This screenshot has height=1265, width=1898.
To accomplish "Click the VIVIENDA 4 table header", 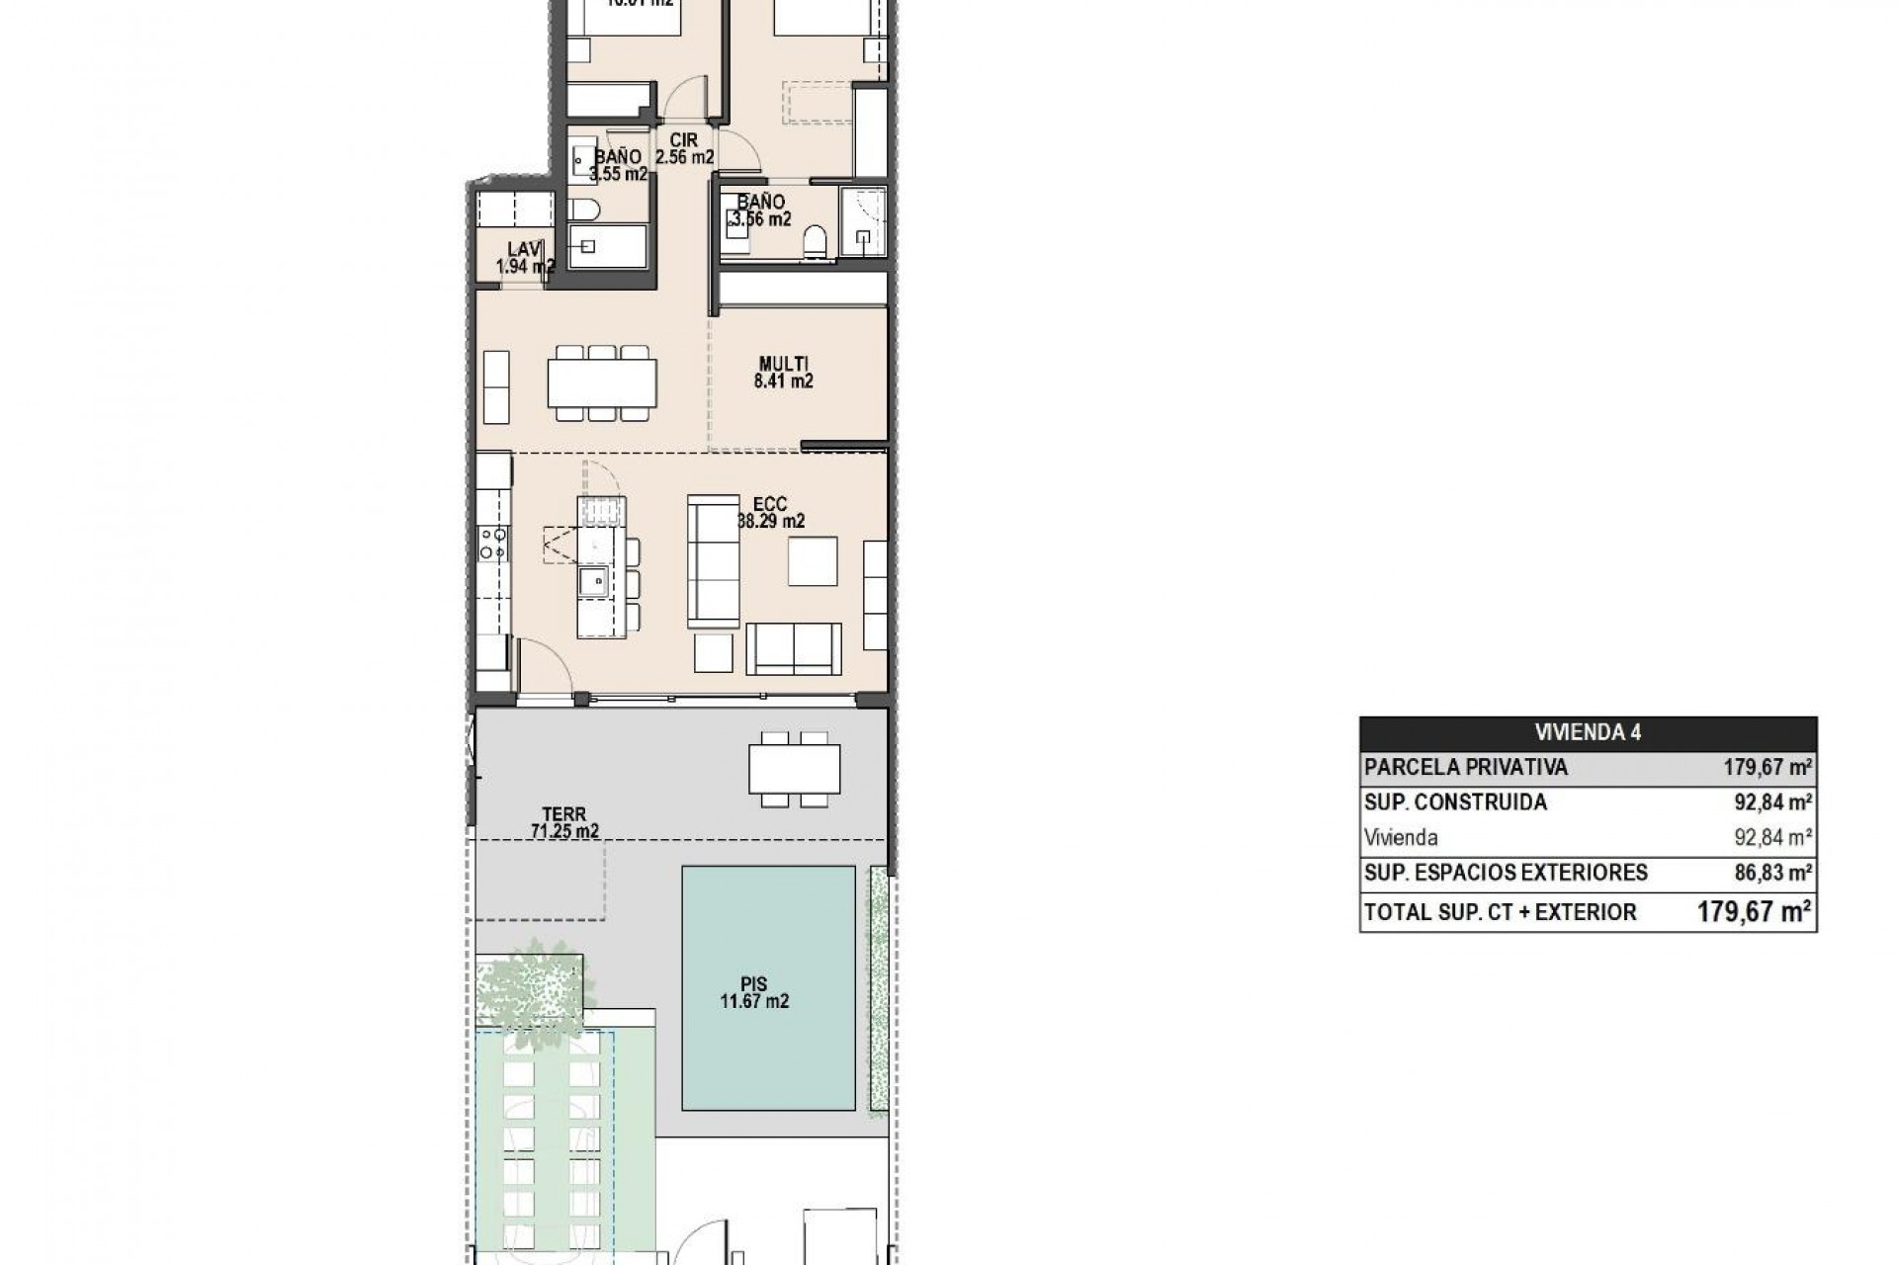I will click(1588, 732).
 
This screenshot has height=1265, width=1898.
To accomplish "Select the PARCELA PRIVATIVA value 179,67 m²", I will click(1769, 767).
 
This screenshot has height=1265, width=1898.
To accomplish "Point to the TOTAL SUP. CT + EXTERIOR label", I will click(1500, 912).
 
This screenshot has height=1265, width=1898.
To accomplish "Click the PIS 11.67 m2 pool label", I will click(754, 993).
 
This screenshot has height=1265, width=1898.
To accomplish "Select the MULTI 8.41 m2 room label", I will click(783, 373).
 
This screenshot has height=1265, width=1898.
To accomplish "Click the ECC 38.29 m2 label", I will click(769, 513).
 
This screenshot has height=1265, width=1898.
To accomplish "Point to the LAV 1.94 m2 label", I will click(524, 258).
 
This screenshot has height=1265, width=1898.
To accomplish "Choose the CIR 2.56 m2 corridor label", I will click(683, 149).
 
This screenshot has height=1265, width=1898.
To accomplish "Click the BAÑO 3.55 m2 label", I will click(617, 165).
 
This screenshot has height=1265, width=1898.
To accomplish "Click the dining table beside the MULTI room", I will click(602, 382).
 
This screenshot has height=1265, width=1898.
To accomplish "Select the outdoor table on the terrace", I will click(795, 769).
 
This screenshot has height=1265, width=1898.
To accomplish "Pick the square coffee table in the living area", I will click(813, 561).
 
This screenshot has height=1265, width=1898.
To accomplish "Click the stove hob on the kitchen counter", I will click(493, 543).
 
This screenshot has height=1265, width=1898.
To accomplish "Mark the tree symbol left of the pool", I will click(530, 982).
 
